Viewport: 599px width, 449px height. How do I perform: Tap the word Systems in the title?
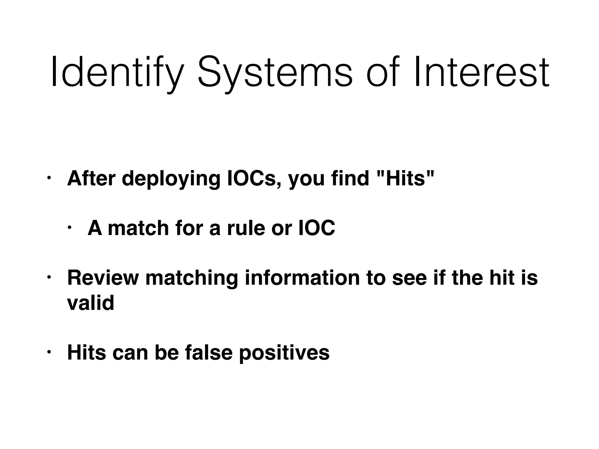tap(275, 73)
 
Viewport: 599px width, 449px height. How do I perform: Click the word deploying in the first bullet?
tap(171, 179)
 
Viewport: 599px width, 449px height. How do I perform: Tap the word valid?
tap(90, 303)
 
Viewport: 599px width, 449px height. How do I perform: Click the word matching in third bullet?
tap(192, 279)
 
